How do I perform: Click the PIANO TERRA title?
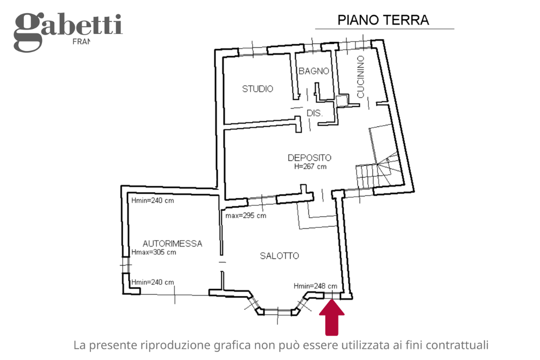(x=383, y=20)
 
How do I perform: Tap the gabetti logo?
(x=67, y=31)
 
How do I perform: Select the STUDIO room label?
(x=257, y=89)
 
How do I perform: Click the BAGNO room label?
(x=313, y=71)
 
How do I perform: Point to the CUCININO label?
(x=360, y=76)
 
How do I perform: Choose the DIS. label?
(x=314, y=113)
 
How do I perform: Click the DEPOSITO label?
(x=309, y=157)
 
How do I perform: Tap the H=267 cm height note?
(x=310, y=166)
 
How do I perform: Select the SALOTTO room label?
(x=279, y=256)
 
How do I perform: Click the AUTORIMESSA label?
(x=172, y=244)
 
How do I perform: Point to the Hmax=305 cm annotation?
(x=153, y=252)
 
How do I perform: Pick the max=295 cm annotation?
(x=245, y=216)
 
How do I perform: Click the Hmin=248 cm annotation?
(x=315, y=286)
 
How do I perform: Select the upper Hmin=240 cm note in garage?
(x=152, y=200)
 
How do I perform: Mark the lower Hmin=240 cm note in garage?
(x=152, y=282)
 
